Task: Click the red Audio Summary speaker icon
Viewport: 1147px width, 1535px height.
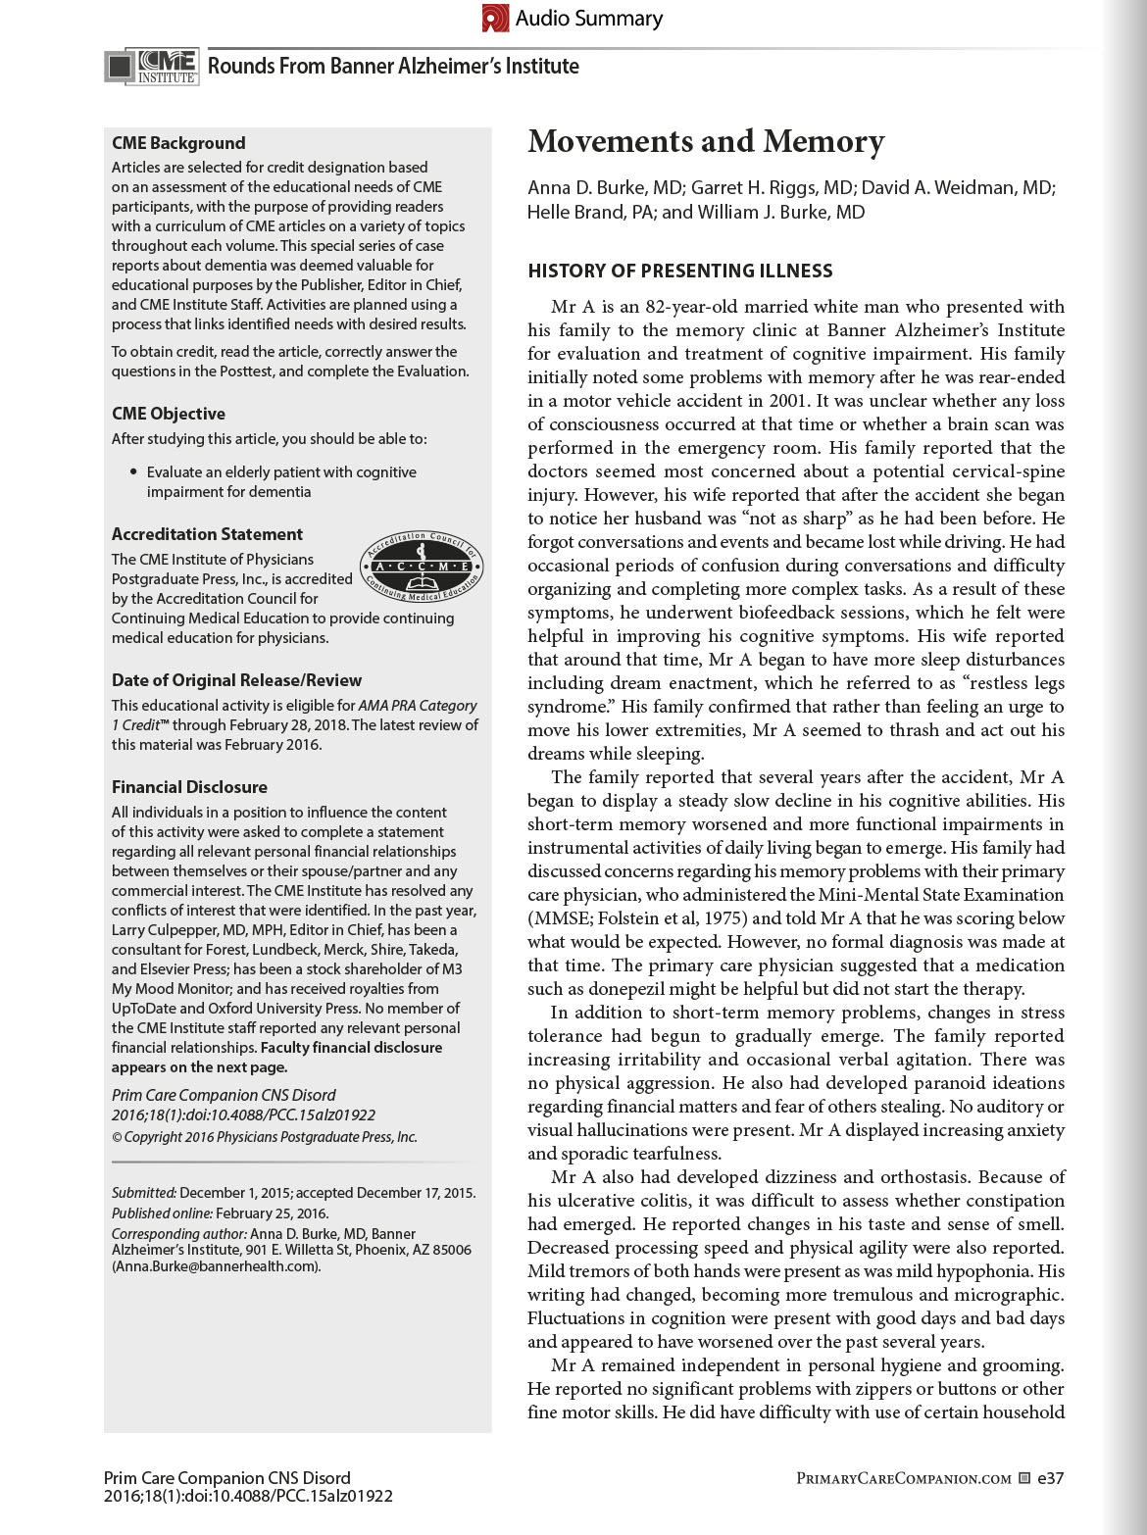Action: tap(495, 18)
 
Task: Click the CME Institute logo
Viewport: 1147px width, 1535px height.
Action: tap(153, 66)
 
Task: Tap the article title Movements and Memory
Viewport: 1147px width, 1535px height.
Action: tap(706, 142)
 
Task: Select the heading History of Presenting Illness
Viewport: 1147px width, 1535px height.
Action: tap(680, 272)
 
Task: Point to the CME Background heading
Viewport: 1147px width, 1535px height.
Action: tap(178, 143)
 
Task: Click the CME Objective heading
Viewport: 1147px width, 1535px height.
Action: tap(169, 414)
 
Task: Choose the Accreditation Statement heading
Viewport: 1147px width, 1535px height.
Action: tap(207, 534)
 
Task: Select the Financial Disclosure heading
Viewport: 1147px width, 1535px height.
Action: tap(189, 787)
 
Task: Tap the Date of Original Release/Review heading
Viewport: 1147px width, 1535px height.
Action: tap(236, 680)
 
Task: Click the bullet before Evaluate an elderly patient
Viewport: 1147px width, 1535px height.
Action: tap(133, 472)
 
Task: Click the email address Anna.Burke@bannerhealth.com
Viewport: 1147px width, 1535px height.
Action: tap(216, 1266)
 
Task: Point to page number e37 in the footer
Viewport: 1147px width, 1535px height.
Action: tap(1050, 1478)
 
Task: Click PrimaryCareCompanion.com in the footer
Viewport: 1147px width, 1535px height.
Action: tap(903, 1478)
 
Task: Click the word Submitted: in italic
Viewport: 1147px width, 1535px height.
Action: tap(143, 1193)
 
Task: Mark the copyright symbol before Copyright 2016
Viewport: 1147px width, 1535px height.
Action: tap(117, 1138)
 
